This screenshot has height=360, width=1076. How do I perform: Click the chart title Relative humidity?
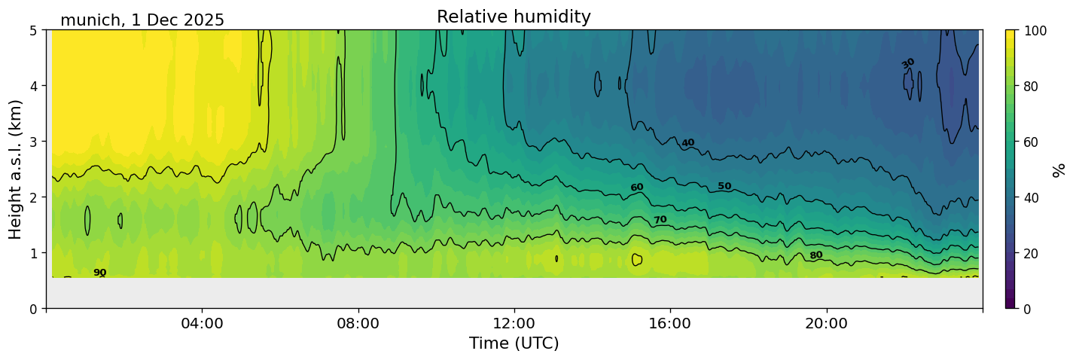[514, 17]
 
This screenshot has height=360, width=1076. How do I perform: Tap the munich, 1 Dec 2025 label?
[142, 20]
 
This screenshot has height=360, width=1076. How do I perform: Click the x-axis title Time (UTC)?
[514, 343]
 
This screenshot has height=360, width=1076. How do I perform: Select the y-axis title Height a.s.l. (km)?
[16, 169]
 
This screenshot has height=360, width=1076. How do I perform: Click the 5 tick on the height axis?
[35, 30]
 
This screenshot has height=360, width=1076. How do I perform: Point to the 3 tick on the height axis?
[35, 142]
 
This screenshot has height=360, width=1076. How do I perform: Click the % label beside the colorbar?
[1059, 169]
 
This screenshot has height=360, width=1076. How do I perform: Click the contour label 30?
[908, 63]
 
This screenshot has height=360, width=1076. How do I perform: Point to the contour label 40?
[687, 143]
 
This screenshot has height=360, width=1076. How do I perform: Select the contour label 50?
[724, 186]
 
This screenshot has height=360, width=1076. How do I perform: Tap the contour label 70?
[660, 220]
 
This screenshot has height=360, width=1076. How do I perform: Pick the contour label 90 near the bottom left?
[100, 273]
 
